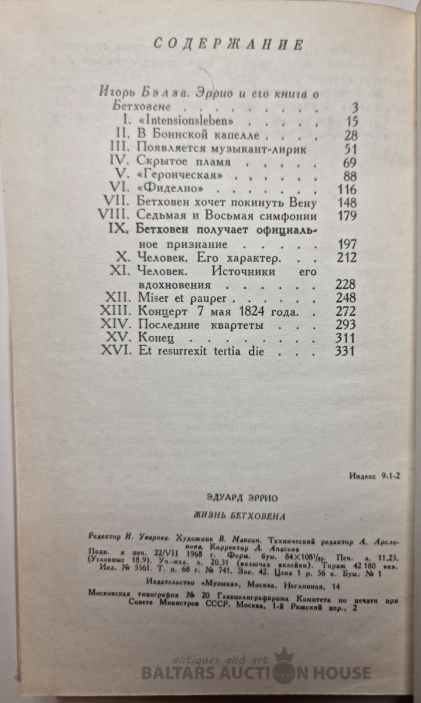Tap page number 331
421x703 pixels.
click(345, 351)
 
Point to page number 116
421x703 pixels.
click(345, 188)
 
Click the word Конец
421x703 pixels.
click(153, 338)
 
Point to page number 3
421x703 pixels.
click(352, 108)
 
